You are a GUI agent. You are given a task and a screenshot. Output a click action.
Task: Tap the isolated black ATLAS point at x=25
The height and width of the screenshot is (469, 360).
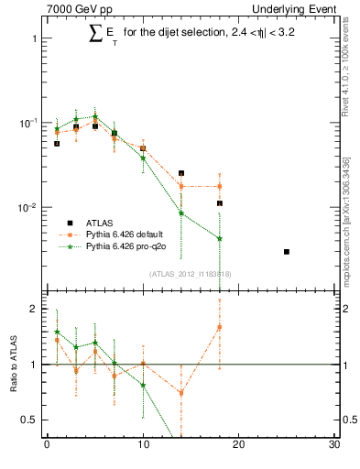click(287, 251)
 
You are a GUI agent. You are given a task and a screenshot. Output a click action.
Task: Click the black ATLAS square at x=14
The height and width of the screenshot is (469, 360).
click(181, 173)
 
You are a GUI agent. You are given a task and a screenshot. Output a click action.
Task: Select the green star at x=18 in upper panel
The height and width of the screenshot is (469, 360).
click(220, 239)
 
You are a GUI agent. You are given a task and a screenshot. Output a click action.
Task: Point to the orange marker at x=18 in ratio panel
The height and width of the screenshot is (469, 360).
click(220, 327)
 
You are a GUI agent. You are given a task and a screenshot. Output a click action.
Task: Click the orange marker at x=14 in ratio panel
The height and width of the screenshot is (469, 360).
click(181, 393)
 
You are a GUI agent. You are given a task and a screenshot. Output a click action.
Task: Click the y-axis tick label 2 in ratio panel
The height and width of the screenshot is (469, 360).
click(33, 310)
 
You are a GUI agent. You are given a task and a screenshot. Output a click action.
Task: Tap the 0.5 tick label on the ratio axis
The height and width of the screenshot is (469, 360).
click(29, 420)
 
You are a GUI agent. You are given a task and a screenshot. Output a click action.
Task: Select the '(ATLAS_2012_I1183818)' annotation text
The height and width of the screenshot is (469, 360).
click(189, 273)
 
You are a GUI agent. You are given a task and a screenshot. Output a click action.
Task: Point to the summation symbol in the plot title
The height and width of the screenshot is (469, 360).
click(94, 34)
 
